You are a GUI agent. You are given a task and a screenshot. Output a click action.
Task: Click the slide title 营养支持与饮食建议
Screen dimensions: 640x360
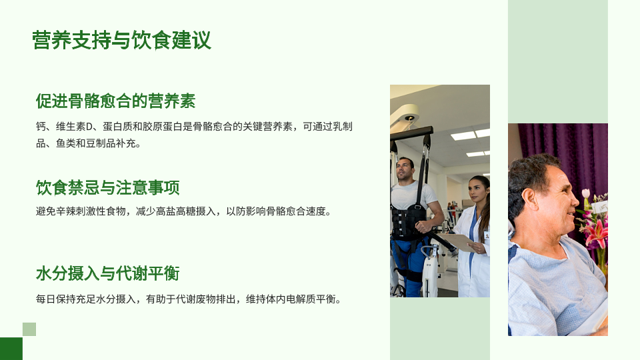pyautogui.click(x=121, y=40)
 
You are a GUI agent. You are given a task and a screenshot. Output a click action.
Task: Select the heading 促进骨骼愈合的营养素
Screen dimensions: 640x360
pyautogui.click(x=116, y=101)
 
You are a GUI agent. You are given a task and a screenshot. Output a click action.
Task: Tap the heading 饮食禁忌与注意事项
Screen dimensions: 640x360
pyautogui.click(x=108, y=188)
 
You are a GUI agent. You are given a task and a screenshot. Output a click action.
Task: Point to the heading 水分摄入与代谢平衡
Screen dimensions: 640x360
pyautogui.click(x=108, y=273)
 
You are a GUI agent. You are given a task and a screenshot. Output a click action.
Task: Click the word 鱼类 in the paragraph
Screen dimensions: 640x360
pyautogui.click(x=66, y=143)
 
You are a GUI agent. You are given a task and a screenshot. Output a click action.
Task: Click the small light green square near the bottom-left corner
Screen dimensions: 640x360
pyautogui.click(x=29, y=329)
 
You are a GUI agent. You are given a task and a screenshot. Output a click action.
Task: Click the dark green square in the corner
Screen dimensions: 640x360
pyautogui.click(x=11, y=349)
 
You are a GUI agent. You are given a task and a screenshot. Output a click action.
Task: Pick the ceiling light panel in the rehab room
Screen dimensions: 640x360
pyautogui.click(x=464, y=135)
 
